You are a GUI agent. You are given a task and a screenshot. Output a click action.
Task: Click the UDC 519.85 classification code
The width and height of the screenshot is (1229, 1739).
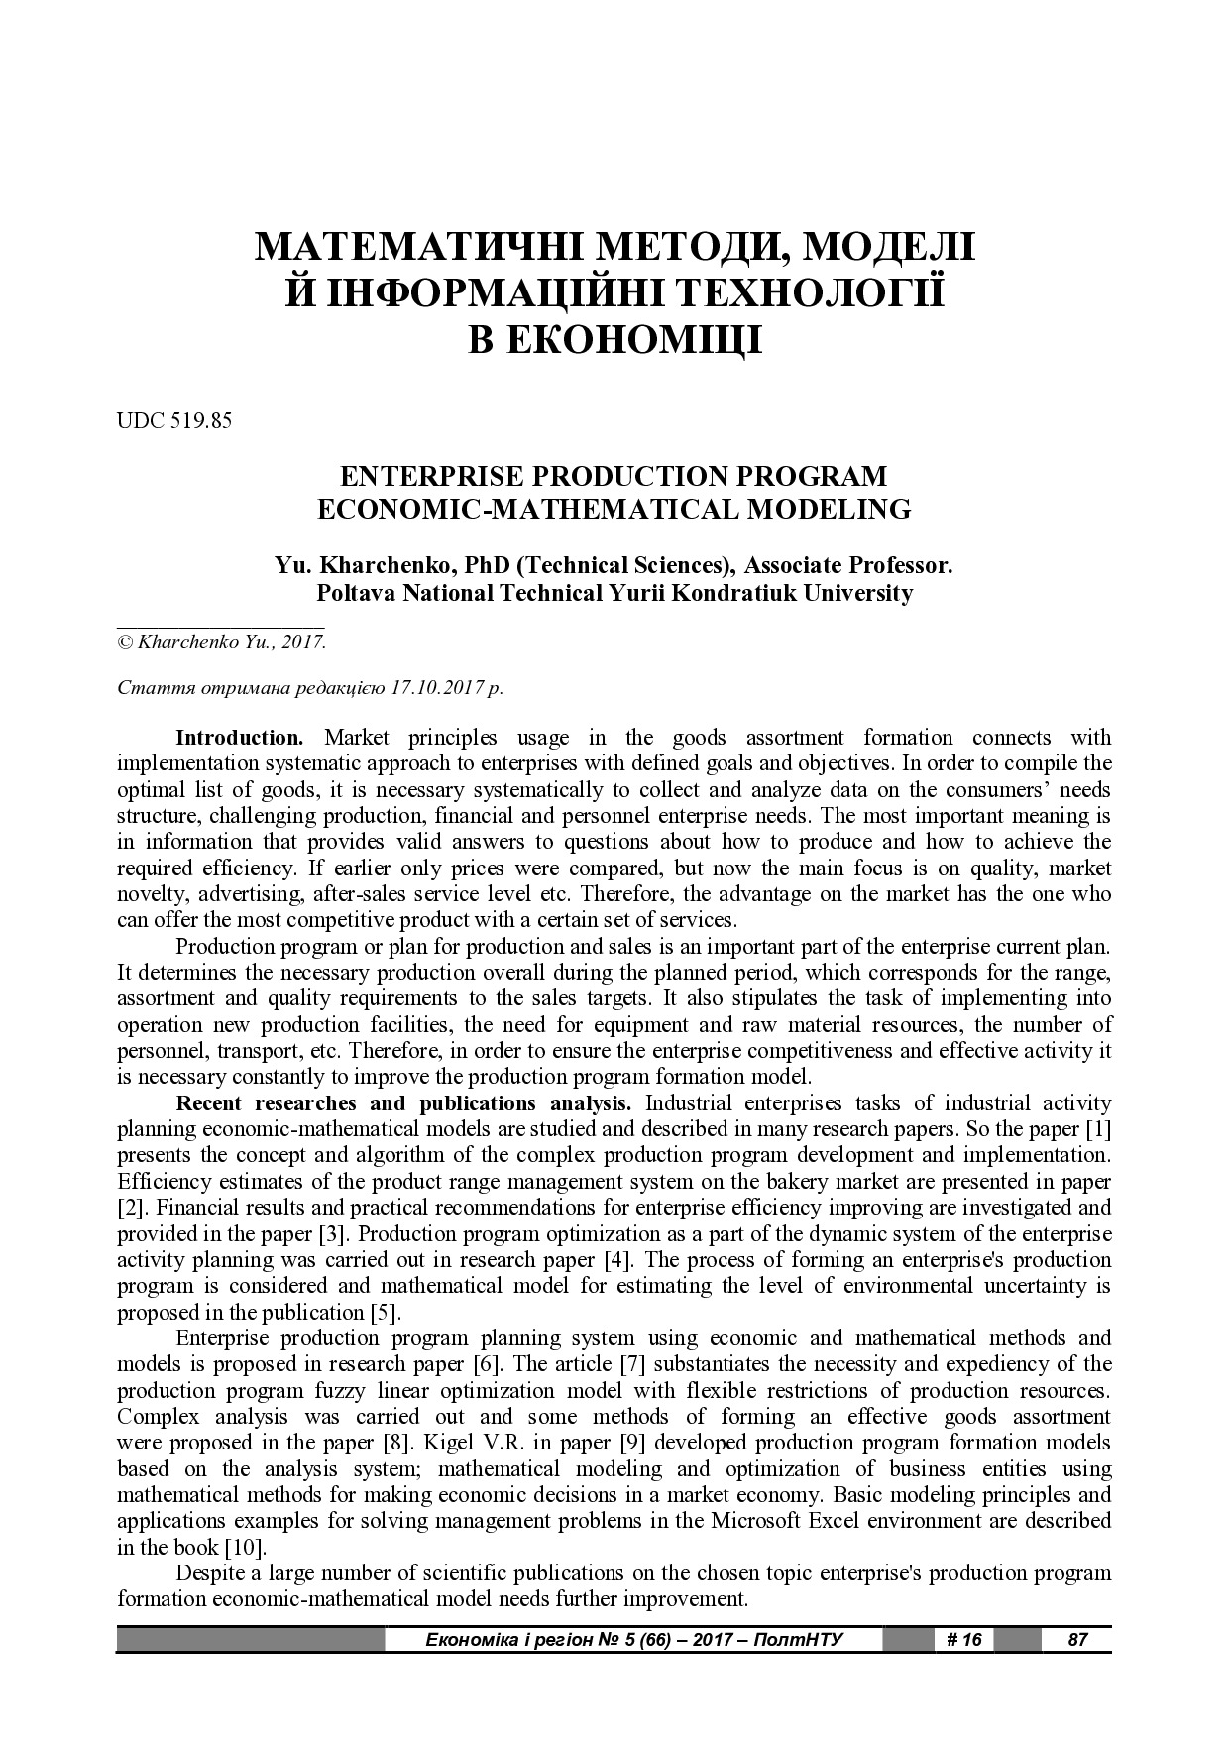[174, 420]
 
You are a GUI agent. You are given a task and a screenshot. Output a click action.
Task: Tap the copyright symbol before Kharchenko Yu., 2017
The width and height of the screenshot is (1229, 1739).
[125, 642]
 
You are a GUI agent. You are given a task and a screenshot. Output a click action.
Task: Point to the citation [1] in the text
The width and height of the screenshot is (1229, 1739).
[1098, 1129]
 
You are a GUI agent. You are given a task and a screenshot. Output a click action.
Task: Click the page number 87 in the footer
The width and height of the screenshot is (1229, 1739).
[1077, 1639]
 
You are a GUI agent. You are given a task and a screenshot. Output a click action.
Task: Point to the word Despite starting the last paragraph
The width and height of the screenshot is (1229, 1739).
[209, 1573]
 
